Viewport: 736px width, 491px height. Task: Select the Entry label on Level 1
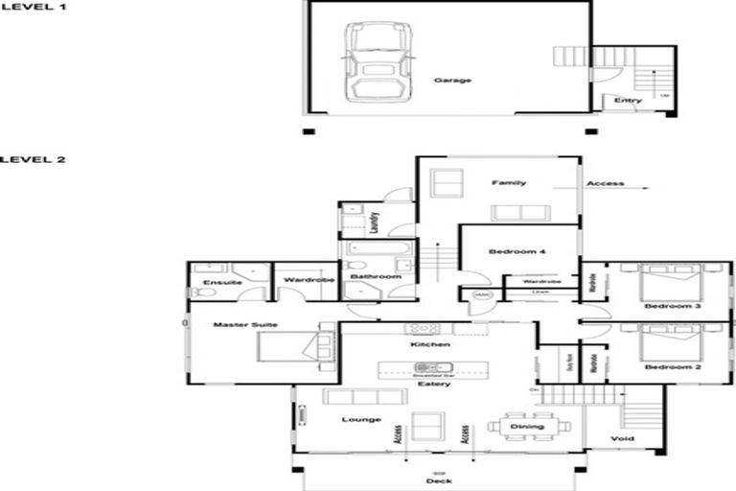(x=628, y=101)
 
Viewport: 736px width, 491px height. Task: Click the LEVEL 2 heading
(x=33, y=159)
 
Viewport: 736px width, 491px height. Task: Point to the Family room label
(x=507, y=182)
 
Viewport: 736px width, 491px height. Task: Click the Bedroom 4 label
(x=517, y=251)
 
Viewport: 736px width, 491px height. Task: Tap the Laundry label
(x=376, y=222)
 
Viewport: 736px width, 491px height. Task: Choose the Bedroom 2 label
(x=667, y=367)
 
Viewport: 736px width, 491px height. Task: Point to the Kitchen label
(x=424, y=343)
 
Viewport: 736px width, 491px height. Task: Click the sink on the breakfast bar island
(x=425, y=368)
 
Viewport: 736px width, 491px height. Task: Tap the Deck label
(x=437, y=482)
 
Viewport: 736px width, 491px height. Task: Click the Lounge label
(x=359, y=419)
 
